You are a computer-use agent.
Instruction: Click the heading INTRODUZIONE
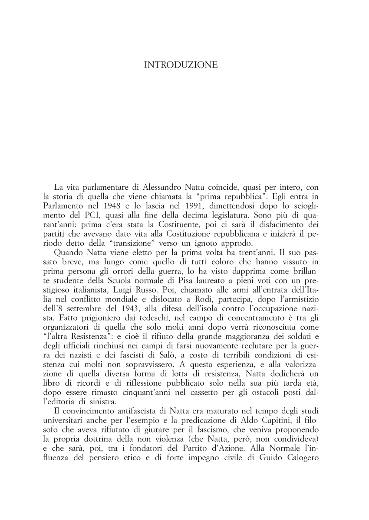click(181, 65)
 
